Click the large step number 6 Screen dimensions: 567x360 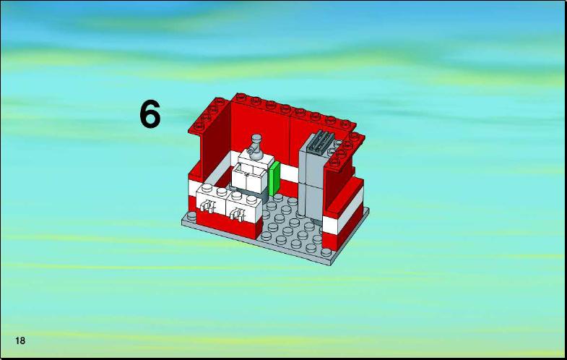(150, 114)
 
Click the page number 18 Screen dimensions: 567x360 (20, 340)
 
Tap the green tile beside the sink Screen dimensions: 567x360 (274, 178)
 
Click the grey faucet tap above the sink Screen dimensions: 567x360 (256, 147)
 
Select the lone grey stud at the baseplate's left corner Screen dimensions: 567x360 (191, 216)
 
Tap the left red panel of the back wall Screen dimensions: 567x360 (260, 132)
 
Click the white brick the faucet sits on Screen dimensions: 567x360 (256, 159)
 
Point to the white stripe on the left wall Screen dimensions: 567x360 (209, 173)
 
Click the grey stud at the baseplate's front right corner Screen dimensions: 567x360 (326, 252)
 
